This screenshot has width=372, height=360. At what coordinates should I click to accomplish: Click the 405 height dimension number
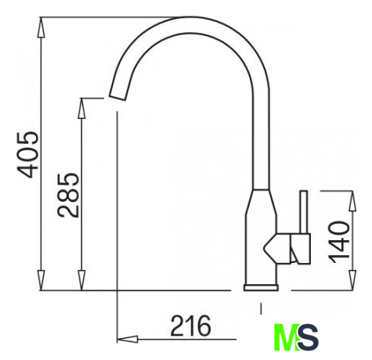point(27,155)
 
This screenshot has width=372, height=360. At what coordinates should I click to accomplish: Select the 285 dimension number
point(68,195)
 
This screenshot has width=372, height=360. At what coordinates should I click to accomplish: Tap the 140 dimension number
point(339,243)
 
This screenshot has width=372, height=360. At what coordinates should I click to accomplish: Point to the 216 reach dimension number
point(190,326)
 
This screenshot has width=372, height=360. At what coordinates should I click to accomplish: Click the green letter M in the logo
point(287,337)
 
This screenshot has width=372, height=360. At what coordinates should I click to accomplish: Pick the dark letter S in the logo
point(309,337)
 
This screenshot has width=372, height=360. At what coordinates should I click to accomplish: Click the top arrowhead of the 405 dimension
point(41,27)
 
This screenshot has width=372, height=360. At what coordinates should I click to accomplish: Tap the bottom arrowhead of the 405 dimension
point(41,280)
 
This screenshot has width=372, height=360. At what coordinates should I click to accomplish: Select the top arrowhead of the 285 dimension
point(81,109)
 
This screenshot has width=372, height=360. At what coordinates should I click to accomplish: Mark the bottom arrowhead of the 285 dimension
point(81,280)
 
